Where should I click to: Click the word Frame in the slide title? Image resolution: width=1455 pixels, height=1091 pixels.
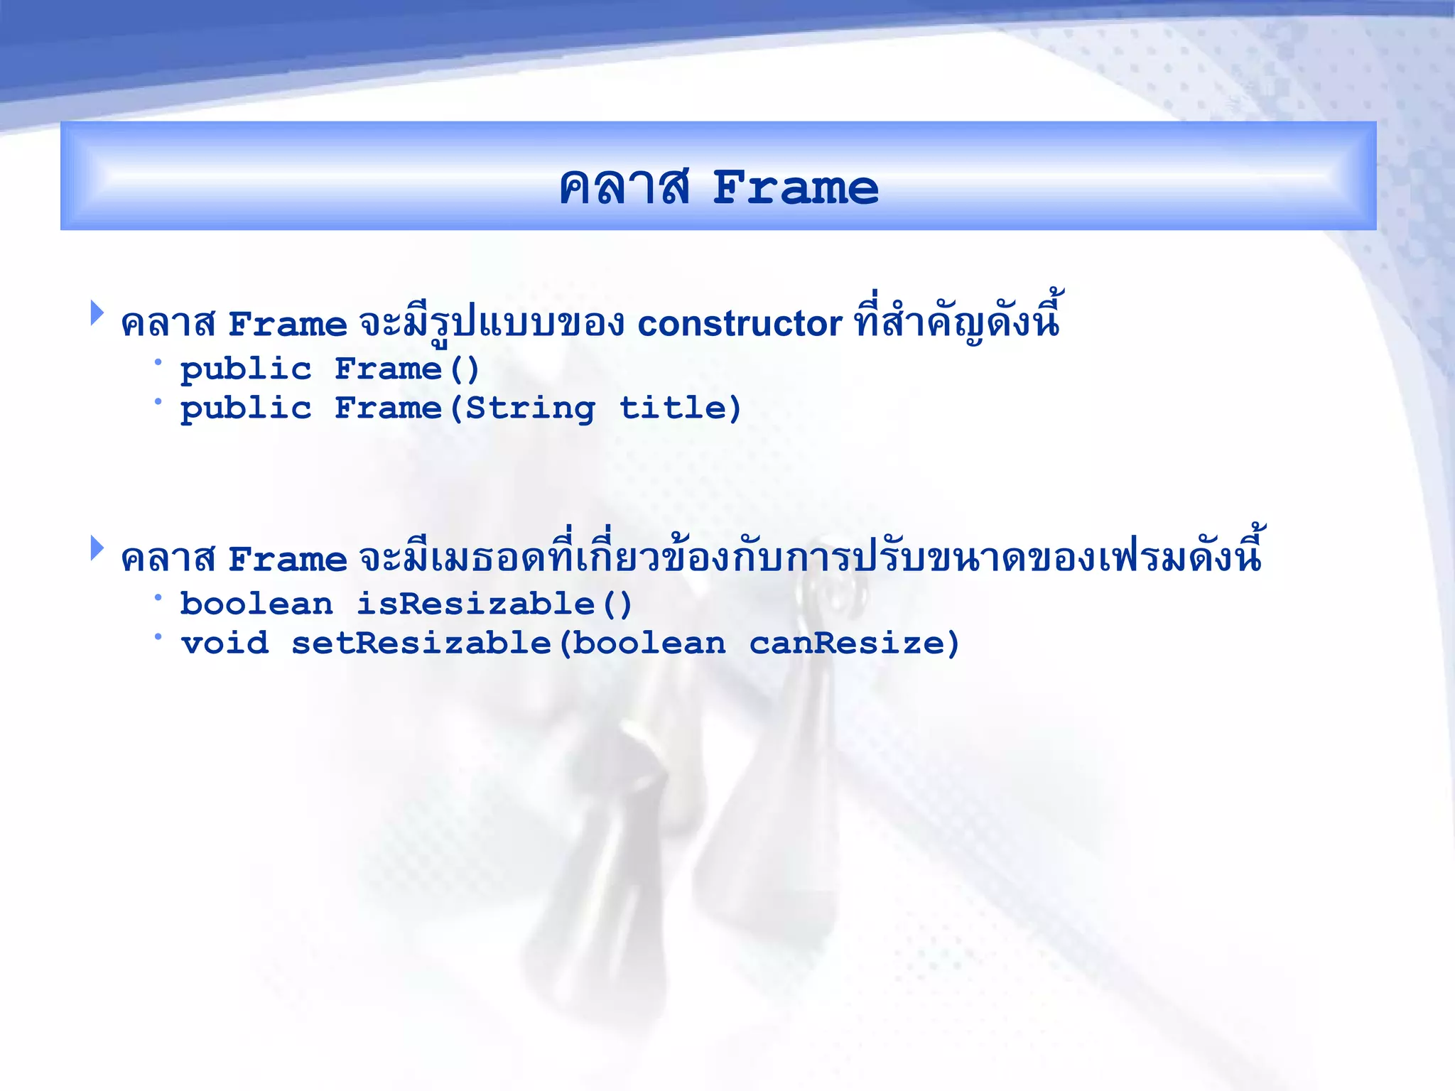(x=795, y=188)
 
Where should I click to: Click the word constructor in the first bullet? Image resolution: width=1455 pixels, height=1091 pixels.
(x=739, y=324)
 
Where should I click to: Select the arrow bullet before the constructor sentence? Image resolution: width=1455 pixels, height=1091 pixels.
(x=97, y=313)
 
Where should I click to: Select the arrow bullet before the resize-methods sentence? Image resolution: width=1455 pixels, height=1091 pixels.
(x=97, y=548)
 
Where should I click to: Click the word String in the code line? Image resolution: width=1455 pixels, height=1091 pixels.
(x=531, y=408)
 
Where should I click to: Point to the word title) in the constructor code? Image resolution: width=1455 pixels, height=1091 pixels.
(x=680, y=408)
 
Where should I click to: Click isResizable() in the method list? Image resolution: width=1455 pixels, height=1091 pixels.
(x=494, y=604)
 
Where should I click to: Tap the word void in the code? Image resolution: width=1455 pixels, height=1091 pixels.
(x=225, y=644)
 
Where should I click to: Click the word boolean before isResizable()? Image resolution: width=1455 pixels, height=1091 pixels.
(x=256, y=604)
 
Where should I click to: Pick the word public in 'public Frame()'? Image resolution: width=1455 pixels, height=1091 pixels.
(x=246, y=369)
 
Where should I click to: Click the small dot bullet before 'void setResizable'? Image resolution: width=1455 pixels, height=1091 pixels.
(x=158, y=636)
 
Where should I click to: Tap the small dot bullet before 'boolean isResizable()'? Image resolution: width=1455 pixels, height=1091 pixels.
(x=158, y=597)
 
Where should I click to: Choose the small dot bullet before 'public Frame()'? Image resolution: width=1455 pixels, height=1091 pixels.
(x=158, y=362)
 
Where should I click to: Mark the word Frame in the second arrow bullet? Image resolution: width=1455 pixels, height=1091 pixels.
(x=288, y=560)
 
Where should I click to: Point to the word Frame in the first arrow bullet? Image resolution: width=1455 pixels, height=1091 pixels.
(x=288, y=325)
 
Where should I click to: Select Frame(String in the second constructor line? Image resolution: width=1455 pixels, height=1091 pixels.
(x=465, y=408)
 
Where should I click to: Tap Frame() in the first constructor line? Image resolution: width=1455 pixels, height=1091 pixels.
(x=407, y=369)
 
